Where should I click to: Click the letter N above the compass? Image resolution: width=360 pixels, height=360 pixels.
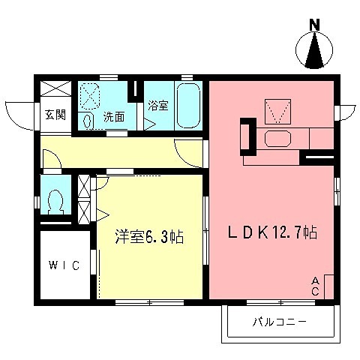click(x=316, y=23)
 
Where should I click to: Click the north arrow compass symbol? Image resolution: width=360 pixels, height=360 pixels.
click(x=316, y=52)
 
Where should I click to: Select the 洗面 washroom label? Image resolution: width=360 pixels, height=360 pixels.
click(x=114, y=116)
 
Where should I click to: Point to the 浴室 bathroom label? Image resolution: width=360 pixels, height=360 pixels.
click(x=158, y=105)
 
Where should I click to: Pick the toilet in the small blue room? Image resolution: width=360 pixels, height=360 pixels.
click(x=55, y=201)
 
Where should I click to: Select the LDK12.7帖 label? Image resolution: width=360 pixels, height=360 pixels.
click(x=272, y=233)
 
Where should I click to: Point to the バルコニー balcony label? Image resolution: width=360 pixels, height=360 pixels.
click(x=278, y=323)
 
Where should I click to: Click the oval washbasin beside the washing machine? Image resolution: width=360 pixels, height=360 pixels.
click(x=87, y=120)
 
